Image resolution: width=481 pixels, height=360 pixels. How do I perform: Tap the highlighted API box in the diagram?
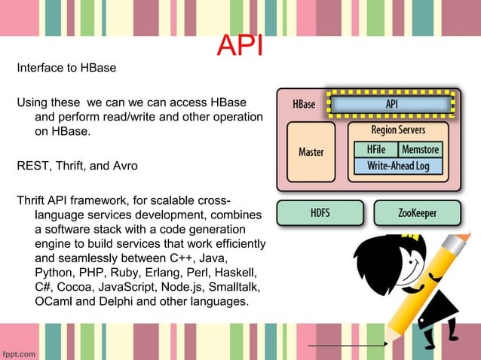[391, 105]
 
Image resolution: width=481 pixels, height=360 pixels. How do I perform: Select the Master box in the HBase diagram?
[311, 152]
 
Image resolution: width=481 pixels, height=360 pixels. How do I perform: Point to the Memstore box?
[420, 150]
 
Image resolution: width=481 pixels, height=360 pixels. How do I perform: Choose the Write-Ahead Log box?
[397, 165]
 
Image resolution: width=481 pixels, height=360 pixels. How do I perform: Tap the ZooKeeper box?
[417, 213]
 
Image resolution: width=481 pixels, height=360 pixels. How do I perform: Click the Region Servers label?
[398, 130]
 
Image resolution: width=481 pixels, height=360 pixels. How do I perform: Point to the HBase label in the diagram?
[305, 105]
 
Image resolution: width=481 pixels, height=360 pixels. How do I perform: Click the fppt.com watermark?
[22, 351]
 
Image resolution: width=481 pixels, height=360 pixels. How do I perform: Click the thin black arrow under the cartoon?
[348, 344]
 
